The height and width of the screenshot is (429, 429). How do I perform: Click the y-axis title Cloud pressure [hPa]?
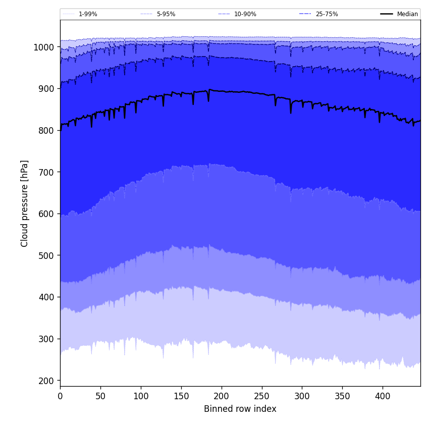pyautogui.click(x=25, y=203)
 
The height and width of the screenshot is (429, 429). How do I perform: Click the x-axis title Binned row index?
pyautogui.click(x=240, y=409)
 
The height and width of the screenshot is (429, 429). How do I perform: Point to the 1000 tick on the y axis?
pyautogui.click(x=44, y=47)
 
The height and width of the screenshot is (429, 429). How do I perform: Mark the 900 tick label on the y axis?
pyautogui.click(x=47, y=89)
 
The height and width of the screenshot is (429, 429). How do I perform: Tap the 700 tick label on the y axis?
pyautogui.click(x=47, y=172)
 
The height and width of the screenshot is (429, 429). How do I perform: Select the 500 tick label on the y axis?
pyautogui.click(x=47, y=255)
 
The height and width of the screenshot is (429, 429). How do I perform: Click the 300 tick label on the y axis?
pyautogui.click(x=47, y=339)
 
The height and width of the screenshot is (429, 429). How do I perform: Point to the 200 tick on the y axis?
pyautogui.click(x=47, y=381)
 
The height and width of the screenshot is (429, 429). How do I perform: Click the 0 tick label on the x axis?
pyautogui.click(x=60, y=396)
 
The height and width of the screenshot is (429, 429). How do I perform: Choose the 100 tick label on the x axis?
pyautogui.click(x=141, y=396)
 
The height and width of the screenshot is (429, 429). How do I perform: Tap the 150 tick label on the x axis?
pyautogui.click(x=181, y=396)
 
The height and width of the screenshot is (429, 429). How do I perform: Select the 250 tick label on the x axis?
pyautogui.click(x=261, y=396)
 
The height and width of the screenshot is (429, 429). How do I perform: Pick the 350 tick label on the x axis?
pyautogui.click(x=342, y=396)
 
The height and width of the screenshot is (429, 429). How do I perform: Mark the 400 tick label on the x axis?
pyautogui.click(x=383, y=396)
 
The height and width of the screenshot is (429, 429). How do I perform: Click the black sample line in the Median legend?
pyautogui.click(x=387, y=14)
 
